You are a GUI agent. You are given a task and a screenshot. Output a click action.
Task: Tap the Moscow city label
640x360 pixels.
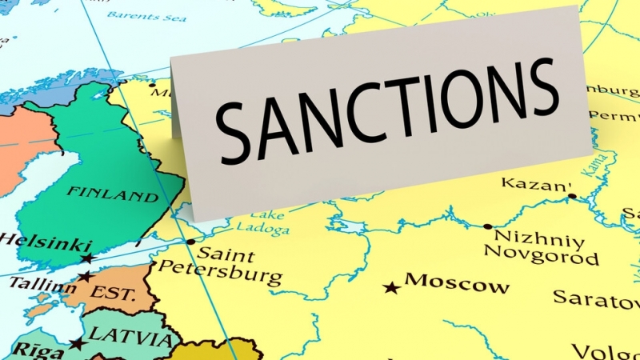point(457,283)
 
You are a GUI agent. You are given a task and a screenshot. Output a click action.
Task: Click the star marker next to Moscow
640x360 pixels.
point(391,286)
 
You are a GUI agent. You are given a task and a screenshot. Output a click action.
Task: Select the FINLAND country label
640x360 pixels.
point(112,194)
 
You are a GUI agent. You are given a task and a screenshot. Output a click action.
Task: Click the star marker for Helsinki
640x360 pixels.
point(86,258)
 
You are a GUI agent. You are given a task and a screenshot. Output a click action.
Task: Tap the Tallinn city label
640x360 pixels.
point(32,284)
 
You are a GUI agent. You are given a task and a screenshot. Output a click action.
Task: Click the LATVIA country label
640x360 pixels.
point(127,337)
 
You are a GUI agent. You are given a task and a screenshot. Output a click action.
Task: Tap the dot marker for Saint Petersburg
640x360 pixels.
point(190,242)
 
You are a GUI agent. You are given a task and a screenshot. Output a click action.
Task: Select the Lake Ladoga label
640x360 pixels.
point(262,223)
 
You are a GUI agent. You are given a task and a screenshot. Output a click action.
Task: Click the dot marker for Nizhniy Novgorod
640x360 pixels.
point(488,226)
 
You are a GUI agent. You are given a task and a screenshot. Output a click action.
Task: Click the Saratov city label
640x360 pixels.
point(596,298)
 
